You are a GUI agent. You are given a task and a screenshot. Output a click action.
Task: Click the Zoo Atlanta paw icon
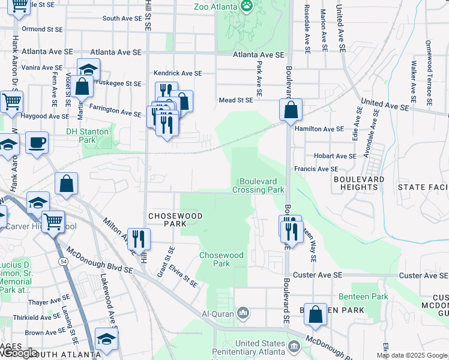(247, 6)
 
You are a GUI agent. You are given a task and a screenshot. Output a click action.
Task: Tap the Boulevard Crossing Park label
(261, 185)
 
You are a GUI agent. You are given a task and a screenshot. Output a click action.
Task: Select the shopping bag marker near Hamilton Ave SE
(291, 110)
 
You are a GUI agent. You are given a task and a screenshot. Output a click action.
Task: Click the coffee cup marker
(37, 143)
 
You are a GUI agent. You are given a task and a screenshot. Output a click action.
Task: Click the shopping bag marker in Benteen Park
(315, 314)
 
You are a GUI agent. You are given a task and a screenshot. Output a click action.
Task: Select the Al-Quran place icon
(243, 313)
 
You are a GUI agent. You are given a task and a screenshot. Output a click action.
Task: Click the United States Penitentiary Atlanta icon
(294, 347)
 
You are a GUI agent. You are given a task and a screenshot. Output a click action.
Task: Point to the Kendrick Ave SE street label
(178, 73)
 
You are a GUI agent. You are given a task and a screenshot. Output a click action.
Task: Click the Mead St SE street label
(236, 100)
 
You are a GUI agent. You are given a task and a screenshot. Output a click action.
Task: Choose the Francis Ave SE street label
(316, 170)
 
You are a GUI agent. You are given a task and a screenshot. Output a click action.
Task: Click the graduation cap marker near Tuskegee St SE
(88, 69)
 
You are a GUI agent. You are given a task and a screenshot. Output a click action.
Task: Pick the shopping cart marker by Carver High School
(53, 221)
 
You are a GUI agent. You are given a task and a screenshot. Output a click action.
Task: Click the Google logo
(19, 353)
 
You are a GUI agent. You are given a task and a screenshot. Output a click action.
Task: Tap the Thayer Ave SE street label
(49, 302)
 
